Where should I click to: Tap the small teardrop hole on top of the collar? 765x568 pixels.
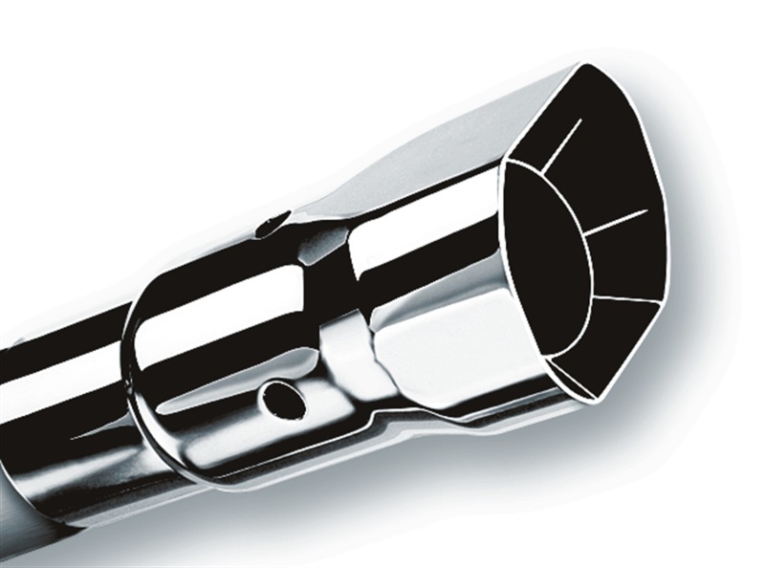pyautogui.click(x=273, y=225)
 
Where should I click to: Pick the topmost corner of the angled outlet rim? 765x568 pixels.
pyautogui.click(x=584, y=66)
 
